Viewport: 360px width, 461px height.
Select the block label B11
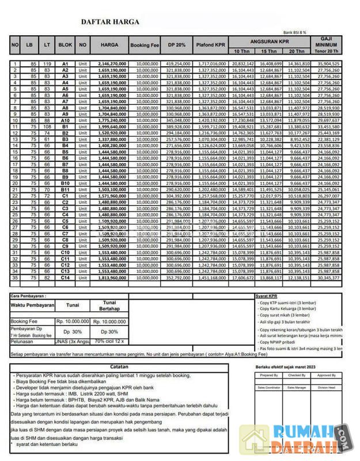[x=65, y=190]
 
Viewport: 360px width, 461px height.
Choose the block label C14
[x=65, y=278]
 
